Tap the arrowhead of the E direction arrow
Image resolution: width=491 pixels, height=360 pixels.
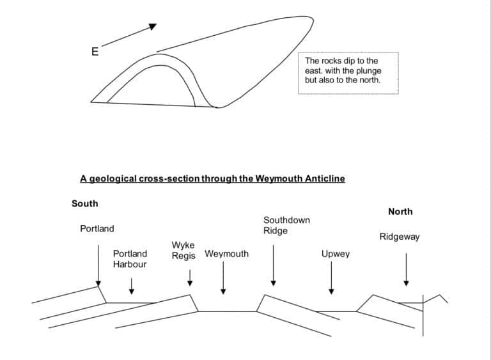tap(152, 26)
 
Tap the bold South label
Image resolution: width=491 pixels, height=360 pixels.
tap(85, 203)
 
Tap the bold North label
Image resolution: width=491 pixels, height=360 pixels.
tap(400, 212)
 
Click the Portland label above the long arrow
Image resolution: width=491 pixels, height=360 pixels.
tap(97, 228)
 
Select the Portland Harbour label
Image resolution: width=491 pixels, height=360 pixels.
tap(130, 259)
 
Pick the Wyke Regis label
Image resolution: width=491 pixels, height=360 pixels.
tap(183, 251)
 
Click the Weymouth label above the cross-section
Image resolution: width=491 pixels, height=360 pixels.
tap(226, 254)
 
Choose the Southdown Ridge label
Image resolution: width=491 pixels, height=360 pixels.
tap(286, 225)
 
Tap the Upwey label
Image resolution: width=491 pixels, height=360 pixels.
tap(336, 254)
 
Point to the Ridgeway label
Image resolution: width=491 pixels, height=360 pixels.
tap(400, 237)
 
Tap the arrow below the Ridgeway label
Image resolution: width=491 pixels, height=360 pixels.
tap(406, 269)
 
